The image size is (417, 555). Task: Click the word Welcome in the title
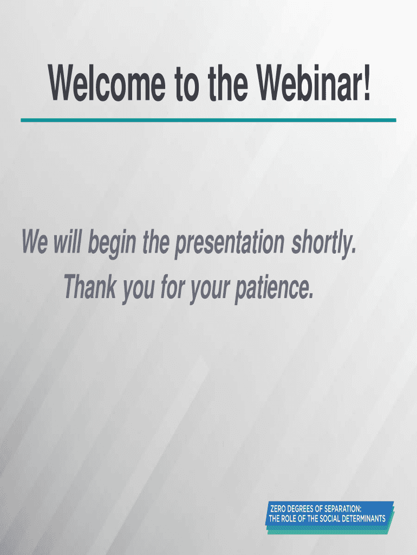[107, 83]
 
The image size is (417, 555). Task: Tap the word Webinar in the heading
[307, 83]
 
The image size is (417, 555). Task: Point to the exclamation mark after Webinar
[366, 83]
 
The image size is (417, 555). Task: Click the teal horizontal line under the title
[208, 120]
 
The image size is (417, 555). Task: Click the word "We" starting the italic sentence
[35, 241]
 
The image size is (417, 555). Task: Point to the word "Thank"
[90, 286]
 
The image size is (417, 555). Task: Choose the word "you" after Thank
[139, 291]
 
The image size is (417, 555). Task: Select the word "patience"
[274, 289]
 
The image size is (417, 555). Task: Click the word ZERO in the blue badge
[278, 509]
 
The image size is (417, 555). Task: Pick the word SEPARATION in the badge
[343, 509]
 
